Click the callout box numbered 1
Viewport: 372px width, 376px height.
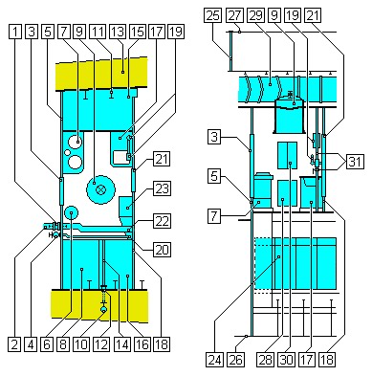(15, 32)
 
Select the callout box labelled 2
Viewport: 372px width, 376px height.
(14, 344)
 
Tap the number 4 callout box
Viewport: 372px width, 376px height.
(31, 344)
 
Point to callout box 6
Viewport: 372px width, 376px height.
(48, 344)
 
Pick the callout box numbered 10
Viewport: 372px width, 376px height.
(81, 344)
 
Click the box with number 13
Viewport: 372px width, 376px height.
(118, 32)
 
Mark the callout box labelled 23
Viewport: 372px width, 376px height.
(162, 188)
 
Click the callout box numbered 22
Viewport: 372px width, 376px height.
(162, 221)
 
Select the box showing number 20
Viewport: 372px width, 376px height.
(162, 250)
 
